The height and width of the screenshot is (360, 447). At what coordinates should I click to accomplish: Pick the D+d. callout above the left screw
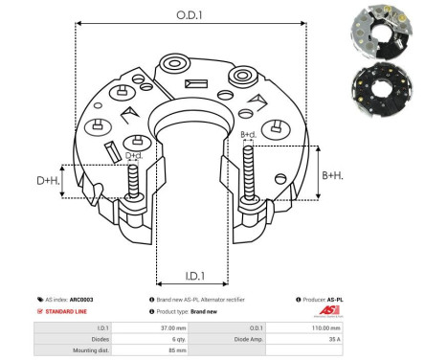(135, 154)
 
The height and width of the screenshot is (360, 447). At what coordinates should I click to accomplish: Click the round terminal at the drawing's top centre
(177, 66)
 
